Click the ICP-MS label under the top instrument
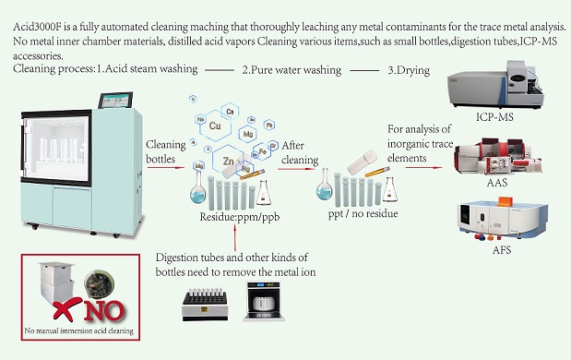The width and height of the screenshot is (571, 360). coord(494,116)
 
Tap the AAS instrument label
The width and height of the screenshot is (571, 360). coord(497,182)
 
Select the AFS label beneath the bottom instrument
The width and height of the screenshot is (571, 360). coord(502,250)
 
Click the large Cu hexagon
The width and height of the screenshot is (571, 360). coord(215,126)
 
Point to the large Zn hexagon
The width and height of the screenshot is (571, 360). coord(229,161)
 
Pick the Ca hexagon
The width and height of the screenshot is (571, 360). coord(230,112)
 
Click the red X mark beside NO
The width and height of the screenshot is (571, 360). coord(67,308)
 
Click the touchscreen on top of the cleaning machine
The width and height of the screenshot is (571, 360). coord(115,101)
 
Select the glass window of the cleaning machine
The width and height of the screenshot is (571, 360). coord(57,148)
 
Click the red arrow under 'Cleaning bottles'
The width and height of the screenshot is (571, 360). coord(166,168)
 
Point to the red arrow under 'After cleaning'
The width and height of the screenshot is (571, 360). coord(296,169)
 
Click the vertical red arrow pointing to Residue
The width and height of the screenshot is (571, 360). coord(235,238)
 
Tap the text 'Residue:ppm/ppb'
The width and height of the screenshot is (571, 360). coord(240,217)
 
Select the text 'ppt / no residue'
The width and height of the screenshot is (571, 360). coord(363,213)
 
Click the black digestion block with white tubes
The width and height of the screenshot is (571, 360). coord(205,305)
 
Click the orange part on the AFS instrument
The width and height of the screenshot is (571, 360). coord(506,201)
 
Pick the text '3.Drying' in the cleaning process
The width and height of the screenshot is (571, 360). coord(409,70)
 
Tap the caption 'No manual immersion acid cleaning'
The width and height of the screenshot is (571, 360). coord(79,330)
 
